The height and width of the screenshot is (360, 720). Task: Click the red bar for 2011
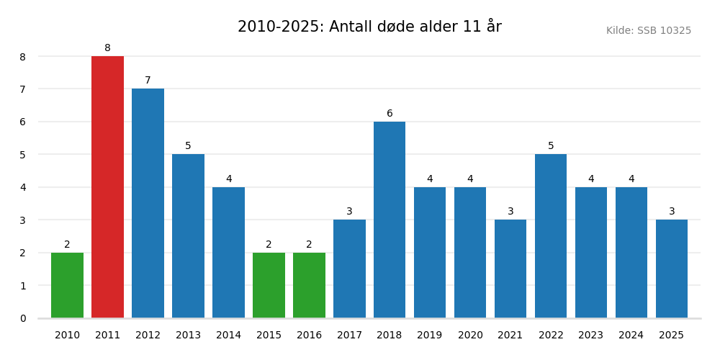click(x=107, y=187)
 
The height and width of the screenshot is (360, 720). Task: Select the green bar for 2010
click(x=67, y=285)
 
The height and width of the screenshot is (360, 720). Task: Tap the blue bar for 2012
click(x=148, y=203)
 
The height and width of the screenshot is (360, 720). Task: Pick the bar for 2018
click(x=390, y=220)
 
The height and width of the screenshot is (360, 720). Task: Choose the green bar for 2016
click(x=309, y=285)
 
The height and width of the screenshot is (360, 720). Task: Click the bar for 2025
click(x=671, y=269)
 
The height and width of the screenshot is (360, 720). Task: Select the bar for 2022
click(x=551, y=236)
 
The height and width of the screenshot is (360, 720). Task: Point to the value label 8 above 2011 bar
click(x=107, y=48)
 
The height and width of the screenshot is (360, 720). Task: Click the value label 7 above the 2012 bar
click(x=148, y=81)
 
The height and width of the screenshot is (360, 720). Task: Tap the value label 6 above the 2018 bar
click(x=390, y=114)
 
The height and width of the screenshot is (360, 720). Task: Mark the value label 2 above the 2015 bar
click(x=269, y=245)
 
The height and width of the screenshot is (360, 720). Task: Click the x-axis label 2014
click(x=228, y=336)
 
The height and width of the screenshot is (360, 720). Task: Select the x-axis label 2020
click(x=470, y=336)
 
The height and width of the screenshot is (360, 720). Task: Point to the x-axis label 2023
click(x=591, y=336)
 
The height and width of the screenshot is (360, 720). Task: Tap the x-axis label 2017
click(x=349, y=336)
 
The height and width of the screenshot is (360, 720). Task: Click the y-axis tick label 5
click(x=22, y=155)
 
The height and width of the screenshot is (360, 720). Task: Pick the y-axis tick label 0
click(x=22, y=318)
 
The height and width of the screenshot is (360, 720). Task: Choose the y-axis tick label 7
click(x=22, y=89)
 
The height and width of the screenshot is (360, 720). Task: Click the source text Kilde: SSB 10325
click(x=648, y=31)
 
